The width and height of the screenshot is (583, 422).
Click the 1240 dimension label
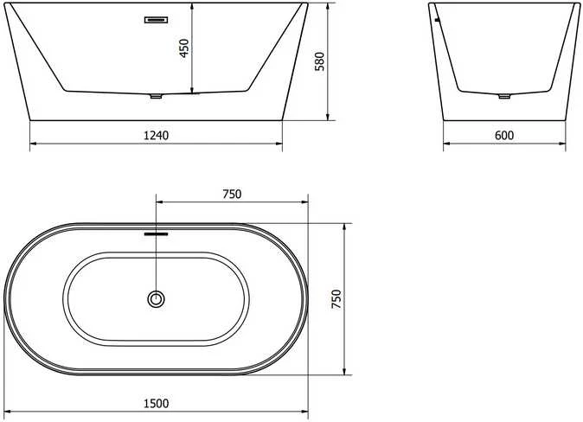click(x=157, y=136)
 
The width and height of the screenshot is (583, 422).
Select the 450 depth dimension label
click(x=184, y=48)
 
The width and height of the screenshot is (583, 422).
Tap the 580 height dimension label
click(x=320, y=61)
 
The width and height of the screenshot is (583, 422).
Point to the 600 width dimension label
click(x=504, y=136)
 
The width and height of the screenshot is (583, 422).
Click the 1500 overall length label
click(x=157, y=403)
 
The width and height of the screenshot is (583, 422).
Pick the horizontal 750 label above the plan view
click(x=232, y=194)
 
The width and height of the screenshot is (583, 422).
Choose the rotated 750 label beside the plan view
click(x=336, y=299)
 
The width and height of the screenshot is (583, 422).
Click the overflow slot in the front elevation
click(x=157, y=20)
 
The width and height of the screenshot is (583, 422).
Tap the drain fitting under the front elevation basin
click(x=157, y=96)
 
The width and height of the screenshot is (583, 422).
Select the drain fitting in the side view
click(x=504, y=96)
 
